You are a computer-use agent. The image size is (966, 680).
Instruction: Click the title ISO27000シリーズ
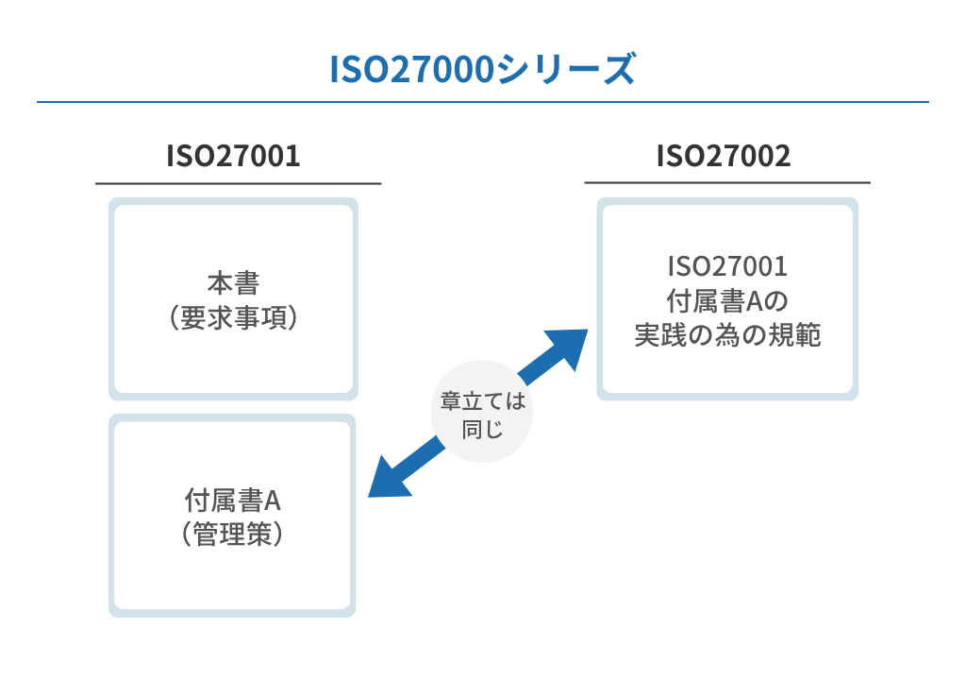[482, 69]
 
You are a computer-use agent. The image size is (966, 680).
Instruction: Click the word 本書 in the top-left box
[233, 283]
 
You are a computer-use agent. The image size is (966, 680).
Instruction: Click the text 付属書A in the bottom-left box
[233, 500]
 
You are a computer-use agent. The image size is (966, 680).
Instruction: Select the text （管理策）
[233, 535]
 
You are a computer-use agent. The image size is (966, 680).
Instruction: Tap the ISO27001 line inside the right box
[726, 265]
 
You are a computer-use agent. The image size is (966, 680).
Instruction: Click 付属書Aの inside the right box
[726, 300]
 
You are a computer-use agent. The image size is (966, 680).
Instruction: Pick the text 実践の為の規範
[726, 335]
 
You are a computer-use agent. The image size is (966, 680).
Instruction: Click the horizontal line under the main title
[482, 102]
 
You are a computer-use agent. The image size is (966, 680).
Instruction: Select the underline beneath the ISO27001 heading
[238, 183]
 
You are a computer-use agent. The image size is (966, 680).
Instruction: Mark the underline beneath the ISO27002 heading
[726, 183]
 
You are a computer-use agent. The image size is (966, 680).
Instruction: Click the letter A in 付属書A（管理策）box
[274, 500]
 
